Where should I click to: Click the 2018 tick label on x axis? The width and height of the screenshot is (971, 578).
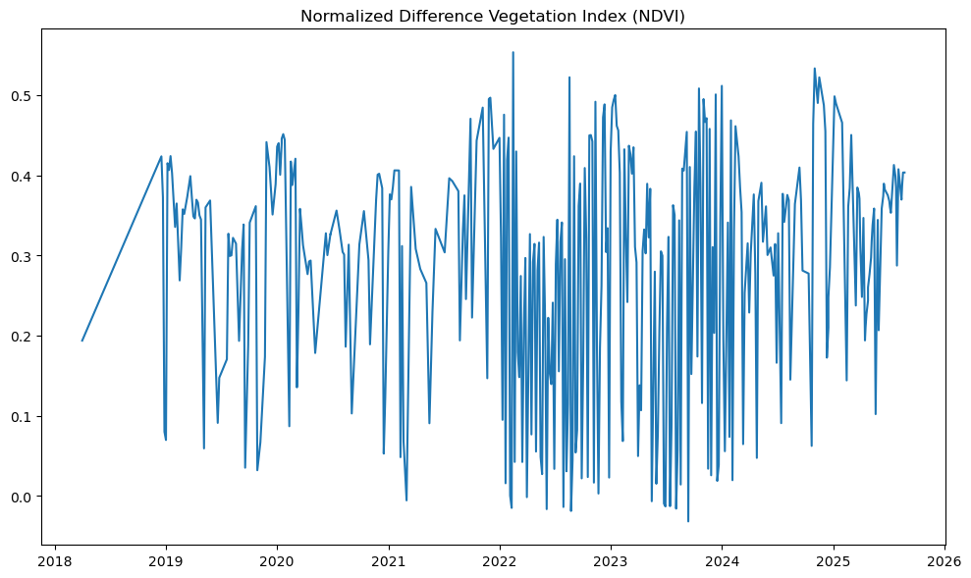point(54,561)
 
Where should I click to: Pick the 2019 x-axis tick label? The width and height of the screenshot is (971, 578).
point(165,561)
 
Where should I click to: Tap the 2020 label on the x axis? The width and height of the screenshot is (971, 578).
point(276,561)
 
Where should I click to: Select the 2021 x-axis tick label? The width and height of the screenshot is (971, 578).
point(388,561)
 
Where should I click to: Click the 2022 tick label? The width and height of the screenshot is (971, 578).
point(499,561)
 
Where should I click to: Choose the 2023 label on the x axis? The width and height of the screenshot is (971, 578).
point(611,561)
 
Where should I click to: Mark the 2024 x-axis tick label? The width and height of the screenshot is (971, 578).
point(722,561)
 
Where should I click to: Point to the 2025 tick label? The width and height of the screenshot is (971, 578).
point(834,561)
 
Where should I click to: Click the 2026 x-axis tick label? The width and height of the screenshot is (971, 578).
point(944,561)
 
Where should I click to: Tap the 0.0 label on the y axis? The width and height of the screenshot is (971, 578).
point(22,497)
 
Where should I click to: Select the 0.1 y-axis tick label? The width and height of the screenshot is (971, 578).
point(22,416)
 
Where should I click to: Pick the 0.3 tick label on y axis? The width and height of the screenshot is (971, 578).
point(22,256)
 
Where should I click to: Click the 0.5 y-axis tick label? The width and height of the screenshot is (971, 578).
point(22,96)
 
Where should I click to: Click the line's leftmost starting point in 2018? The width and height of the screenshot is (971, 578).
point(81,341)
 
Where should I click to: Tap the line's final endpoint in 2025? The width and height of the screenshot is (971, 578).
point(904,172)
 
